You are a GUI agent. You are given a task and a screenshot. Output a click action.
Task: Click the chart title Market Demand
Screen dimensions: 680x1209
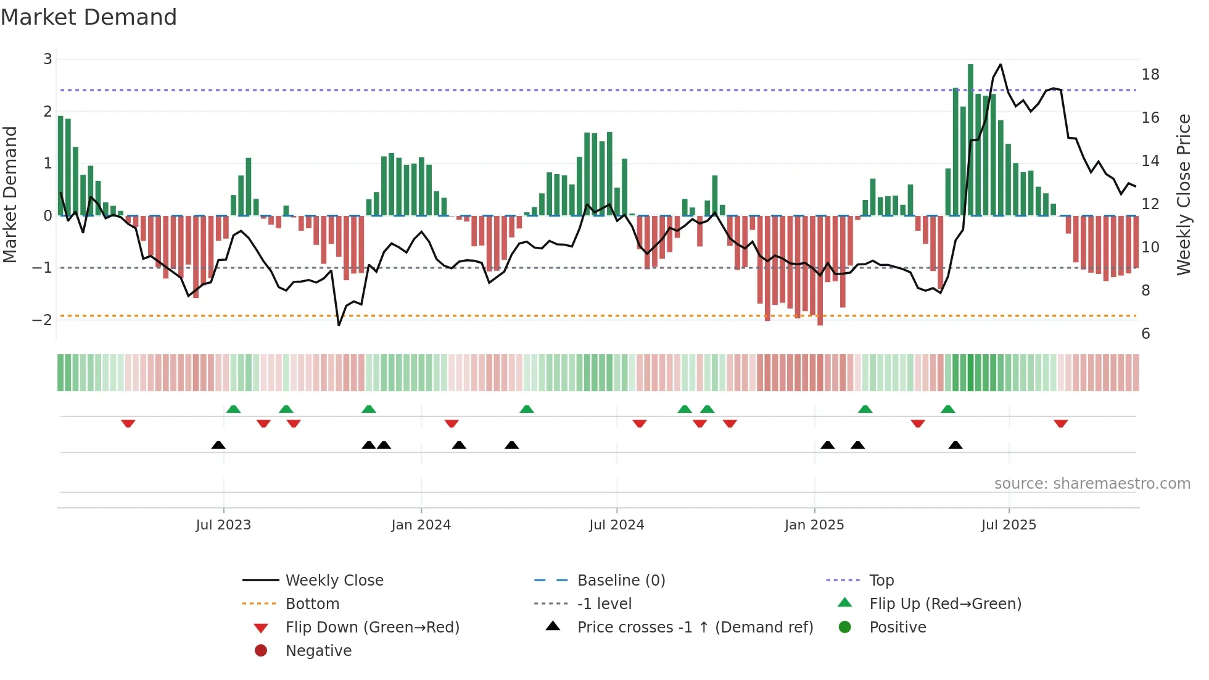[89, 17]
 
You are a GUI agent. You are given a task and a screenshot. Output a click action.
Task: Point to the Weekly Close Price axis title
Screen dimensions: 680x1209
[1183, 194]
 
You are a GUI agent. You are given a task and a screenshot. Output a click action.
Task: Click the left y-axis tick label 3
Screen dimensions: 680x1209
[47, 59]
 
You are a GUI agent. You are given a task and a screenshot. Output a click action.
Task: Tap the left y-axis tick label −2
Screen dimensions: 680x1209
[42, 320]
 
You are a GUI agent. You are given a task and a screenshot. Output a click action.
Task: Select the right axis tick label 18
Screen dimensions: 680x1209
[1150, 75]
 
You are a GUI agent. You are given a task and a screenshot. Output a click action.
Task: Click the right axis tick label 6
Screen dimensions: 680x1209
[1145, 334]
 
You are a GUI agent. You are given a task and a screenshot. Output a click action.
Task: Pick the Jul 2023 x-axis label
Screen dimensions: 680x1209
[223, 525]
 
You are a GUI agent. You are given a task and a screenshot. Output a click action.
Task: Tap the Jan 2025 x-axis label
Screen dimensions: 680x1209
[814, 525]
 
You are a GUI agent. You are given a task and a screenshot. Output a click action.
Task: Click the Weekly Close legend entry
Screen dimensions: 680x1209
[334, 581]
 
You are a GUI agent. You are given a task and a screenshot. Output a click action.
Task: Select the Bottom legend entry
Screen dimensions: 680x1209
[312, 604]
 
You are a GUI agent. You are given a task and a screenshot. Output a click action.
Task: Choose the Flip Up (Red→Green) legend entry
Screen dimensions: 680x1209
[945, 604]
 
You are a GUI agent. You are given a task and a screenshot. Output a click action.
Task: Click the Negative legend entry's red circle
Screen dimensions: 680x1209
[261, 651]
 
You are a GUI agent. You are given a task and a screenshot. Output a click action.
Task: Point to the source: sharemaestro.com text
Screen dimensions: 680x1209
[1092, 484]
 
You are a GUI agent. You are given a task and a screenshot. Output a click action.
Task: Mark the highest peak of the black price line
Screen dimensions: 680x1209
[1000, 65]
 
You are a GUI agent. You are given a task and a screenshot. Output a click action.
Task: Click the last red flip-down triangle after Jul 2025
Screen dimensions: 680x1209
[1060, 424]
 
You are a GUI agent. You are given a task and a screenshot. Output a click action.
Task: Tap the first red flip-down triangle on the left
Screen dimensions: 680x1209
[128, 424]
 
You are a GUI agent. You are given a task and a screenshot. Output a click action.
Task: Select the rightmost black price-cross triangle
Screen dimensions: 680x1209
[955, 446]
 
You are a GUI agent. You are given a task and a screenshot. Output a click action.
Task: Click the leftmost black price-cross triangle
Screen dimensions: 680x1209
[218, 446]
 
